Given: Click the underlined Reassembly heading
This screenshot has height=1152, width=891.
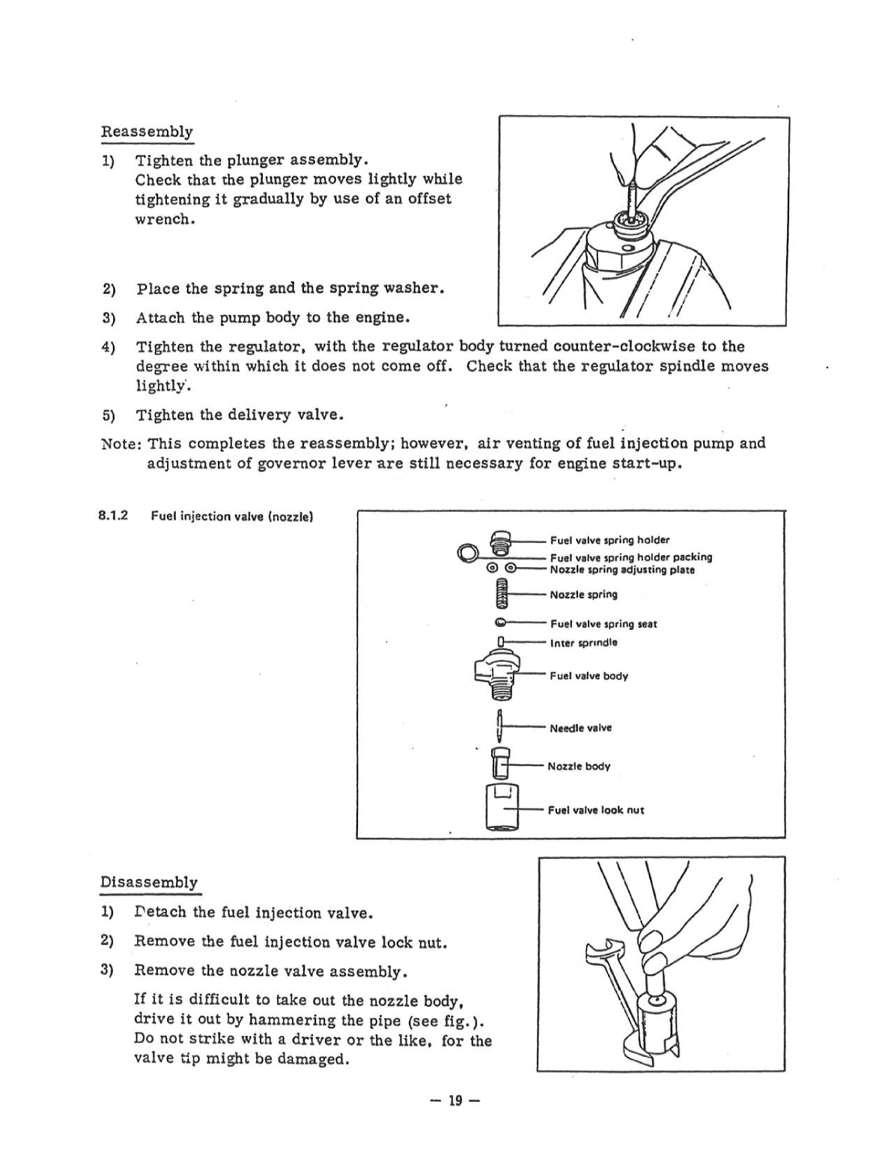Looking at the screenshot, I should click(x=147, y=132).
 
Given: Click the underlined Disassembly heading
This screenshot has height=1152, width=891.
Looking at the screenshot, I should click(x=149, y=882).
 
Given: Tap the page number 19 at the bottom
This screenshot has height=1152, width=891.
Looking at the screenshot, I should click(x=454, y=1100).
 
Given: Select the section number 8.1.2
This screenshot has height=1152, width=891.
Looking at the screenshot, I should click(x=114, y=516).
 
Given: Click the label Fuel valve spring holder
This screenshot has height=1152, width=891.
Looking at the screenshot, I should click(x=609, y=540).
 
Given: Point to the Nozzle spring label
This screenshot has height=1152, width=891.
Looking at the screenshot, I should click(x=583, y=595).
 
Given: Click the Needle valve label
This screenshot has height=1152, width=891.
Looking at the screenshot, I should click(x=580, y=728).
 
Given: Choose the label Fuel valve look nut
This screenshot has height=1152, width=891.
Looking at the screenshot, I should click(x=596, y=810).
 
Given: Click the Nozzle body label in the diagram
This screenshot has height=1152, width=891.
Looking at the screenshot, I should click(x=579, y=767).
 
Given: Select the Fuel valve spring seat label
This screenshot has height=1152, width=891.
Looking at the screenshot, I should click(x=603, y=624).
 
